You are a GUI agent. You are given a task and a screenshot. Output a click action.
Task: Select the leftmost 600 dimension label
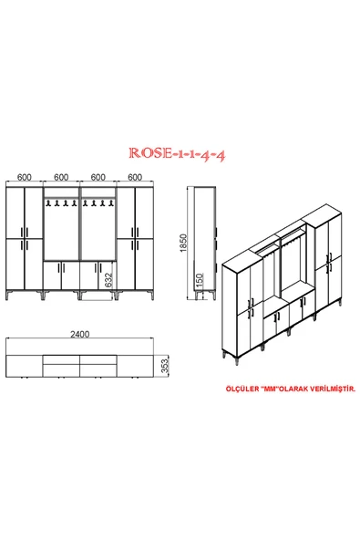coord(25,177)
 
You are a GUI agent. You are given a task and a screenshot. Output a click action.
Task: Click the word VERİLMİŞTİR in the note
coord(327,388)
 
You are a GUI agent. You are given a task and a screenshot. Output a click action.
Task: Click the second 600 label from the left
coord(62,177)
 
